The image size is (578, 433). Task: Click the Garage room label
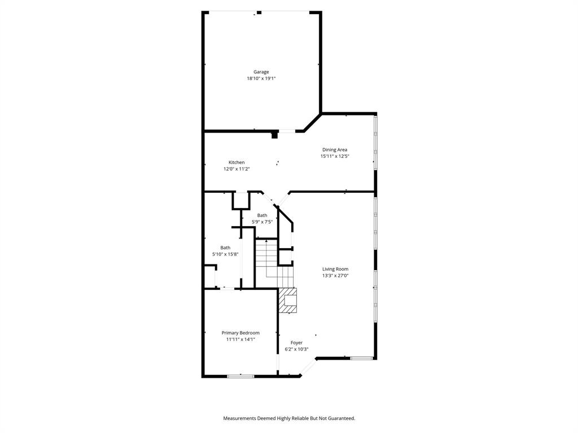point(261,72)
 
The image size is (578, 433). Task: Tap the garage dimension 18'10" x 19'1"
point(261,79)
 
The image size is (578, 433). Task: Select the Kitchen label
point(237,162)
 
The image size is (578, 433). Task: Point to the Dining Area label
point(335,150)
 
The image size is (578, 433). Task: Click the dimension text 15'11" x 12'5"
point(335,156)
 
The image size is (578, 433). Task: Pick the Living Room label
point(335,269)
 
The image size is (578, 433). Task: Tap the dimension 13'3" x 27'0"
point(335,276)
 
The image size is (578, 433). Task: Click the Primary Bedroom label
point(240,333)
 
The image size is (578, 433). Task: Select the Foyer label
point(296,343)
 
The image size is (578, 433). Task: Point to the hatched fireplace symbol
point(287,301)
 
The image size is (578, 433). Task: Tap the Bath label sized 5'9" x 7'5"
point(262,215)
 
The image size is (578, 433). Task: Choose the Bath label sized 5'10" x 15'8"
point(225,248)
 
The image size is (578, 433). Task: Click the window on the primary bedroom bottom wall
point(240,376)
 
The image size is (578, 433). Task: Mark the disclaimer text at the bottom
point(289,418)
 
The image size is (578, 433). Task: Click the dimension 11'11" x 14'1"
point(240,339)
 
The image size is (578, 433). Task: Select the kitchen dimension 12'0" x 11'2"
point(237,169)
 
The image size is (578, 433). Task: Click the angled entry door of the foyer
point(308,367)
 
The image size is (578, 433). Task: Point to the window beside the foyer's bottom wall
point(361,358)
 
